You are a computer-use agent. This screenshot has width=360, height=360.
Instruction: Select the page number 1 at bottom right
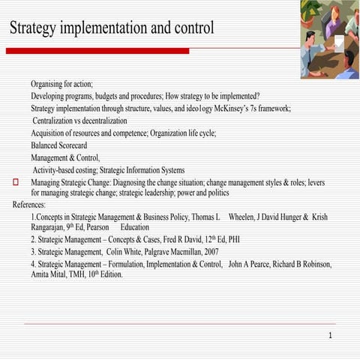coord(330,335)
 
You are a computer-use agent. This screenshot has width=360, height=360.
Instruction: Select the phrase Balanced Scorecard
coord(58,145)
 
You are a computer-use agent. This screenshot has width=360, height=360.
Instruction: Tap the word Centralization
coord(61,121)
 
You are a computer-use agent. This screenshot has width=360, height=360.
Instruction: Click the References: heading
coord(29,205)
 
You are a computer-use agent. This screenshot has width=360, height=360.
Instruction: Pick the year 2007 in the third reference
coord(206,252)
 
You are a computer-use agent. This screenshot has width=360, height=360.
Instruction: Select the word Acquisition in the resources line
coord(50,133)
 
